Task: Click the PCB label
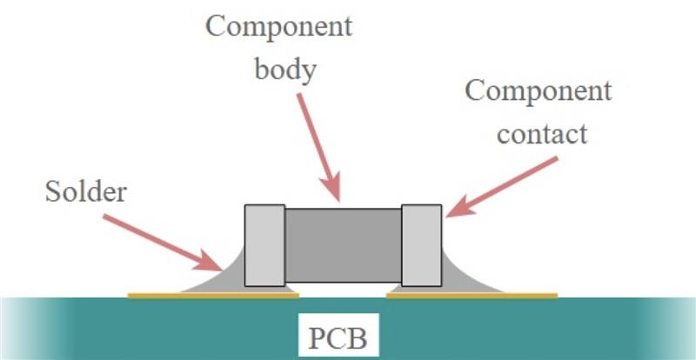click(x=338, y=338)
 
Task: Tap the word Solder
click(x=86, y=193)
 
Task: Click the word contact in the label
click(x=542, y=134)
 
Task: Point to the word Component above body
click(x=279, y=28)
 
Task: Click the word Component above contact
click(x=539, y=92)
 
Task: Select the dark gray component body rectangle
click(x=343, y=245)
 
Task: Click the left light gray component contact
click(x=265, y=245)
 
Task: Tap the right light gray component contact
click(x=422, y=245)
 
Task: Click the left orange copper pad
click(x=213, y=295)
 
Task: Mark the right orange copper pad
click(x=472, y=295)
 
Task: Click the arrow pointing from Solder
click(x=163, y=243)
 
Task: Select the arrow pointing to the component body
click(x=319, y=147)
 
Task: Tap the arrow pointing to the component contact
click(x=502, y=187)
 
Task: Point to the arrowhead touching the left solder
click(x=208, y=261)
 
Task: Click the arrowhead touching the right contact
click(x=458, y=207)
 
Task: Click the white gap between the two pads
click(x=343, y=290)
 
